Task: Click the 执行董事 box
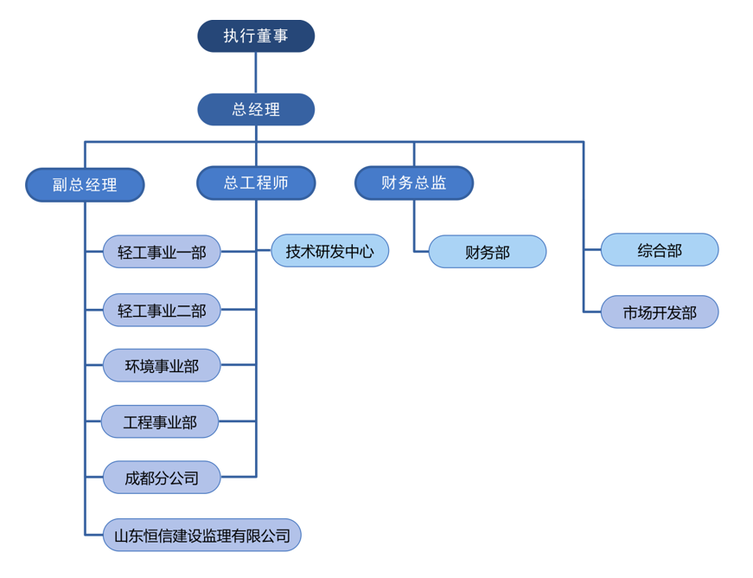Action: point(256,36)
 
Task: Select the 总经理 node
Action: point(256,110)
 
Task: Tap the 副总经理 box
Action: point(85,185)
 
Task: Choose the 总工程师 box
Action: point(256,183)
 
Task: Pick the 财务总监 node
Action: point(414,183)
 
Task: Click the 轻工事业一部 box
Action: point(162,253)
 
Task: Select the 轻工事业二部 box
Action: point(162,310)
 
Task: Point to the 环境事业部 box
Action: point(162,366)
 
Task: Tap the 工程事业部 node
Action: point(160,422)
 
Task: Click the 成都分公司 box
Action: point(162,478)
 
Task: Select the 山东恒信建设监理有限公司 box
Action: point(202,536)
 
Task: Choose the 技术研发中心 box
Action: point(330,251)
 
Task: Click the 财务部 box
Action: point(488,253)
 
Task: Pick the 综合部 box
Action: point(660,250)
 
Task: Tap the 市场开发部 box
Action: point(660,312)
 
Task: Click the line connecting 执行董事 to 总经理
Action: point(256,73)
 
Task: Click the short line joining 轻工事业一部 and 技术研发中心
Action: point(246,252)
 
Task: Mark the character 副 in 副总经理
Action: point(60,185)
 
